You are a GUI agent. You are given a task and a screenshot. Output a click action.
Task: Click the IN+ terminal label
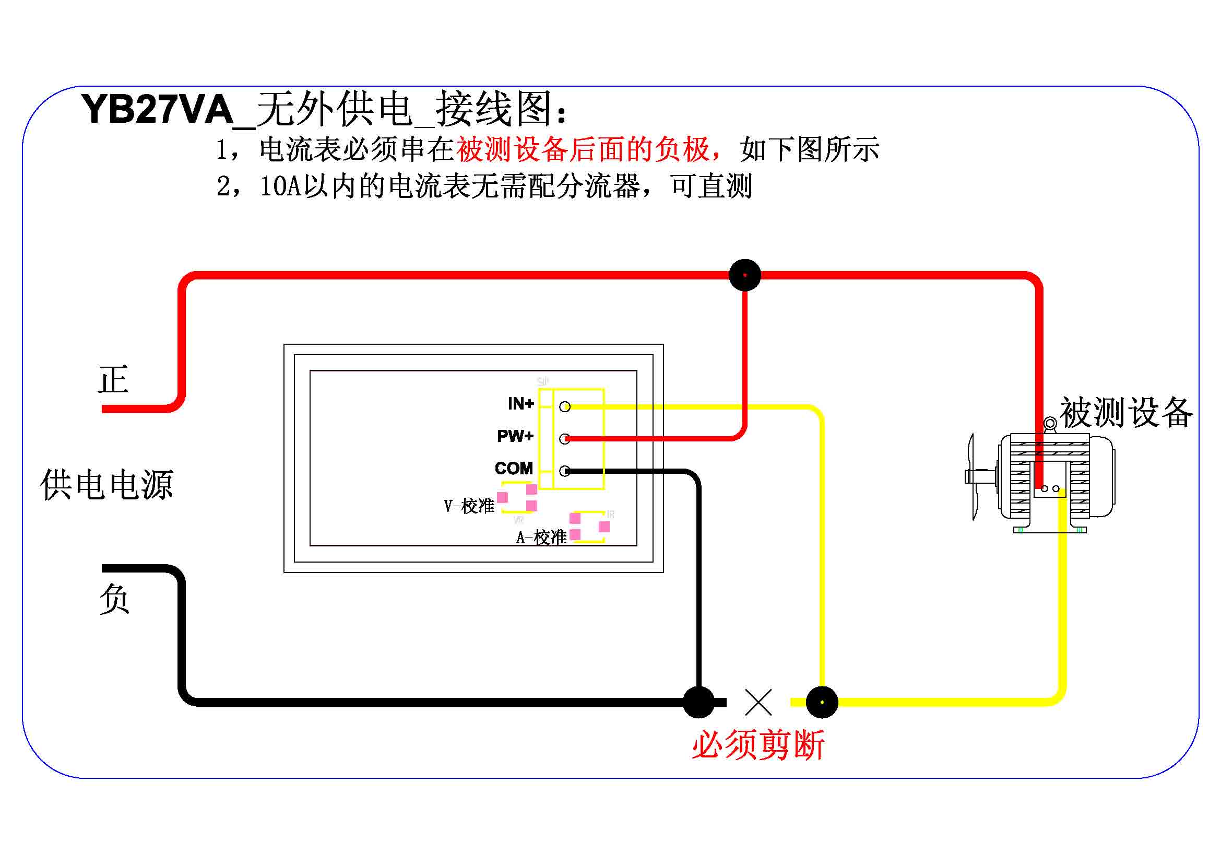click(520, 404)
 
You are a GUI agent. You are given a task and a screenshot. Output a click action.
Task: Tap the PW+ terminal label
click(515, 436)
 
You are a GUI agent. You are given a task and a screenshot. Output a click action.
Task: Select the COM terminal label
click(513, 468)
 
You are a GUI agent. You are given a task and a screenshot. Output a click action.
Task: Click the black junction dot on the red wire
click(744, 275)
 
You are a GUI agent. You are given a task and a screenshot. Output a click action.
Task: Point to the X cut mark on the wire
click(758, 702)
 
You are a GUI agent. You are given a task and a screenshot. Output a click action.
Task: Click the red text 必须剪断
click(758, 745)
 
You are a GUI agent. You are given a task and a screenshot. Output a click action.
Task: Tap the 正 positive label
click(113, 380)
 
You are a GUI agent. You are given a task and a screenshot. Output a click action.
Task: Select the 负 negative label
click(114, 599)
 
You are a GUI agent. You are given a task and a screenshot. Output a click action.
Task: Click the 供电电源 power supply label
click(107, 485)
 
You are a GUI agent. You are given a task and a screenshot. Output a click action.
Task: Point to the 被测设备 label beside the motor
click(1127, 412)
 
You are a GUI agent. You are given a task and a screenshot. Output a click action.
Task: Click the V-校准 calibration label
click(469, 506)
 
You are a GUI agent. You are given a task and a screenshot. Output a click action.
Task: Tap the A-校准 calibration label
click(541, 538)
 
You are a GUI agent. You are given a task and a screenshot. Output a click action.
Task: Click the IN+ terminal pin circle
click(565, 407)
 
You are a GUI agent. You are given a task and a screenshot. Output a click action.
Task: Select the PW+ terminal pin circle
click(565, 439)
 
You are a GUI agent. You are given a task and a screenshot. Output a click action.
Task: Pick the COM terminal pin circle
click(565, 471)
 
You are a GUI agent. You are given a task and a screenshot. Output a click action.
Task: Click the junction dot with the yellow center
click(822, 702)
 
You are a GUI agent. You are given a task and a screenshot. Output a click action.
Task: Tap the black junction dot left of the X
click(698, 702)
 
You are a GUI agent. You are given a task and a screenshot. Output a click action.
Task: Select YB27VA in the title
click(158, 110)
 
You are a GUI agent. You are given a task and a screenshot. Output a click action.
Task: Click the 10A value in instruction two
click(281, 186)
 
